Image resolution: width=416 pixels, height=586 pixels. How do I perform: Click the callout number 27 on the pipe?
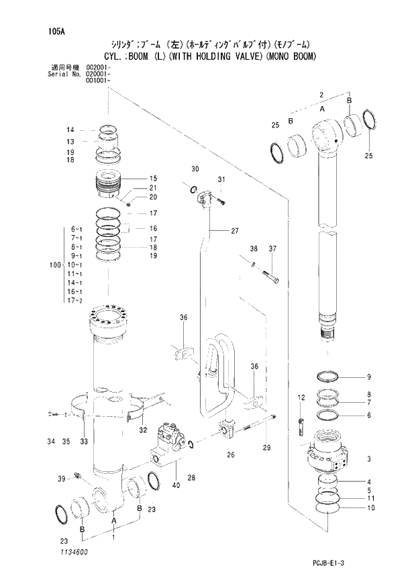tap(234, 231)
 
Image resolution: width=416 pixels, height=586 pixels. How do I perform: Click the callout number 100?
tap(55, 265)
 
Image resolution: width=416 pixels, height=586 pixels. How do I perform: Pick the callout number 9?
tap(368, 376)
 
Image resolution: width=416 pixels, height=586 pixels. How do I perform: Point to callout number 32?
tap(142, 430)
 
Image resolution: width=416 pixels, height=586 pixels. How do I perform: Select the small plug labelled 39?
tap(79, 477)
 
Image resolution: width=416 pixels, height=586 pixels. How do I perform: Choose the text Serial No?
tap(64, 74)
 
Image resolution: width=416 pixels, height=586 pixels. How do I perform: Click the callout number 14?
tap(69, 130)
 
